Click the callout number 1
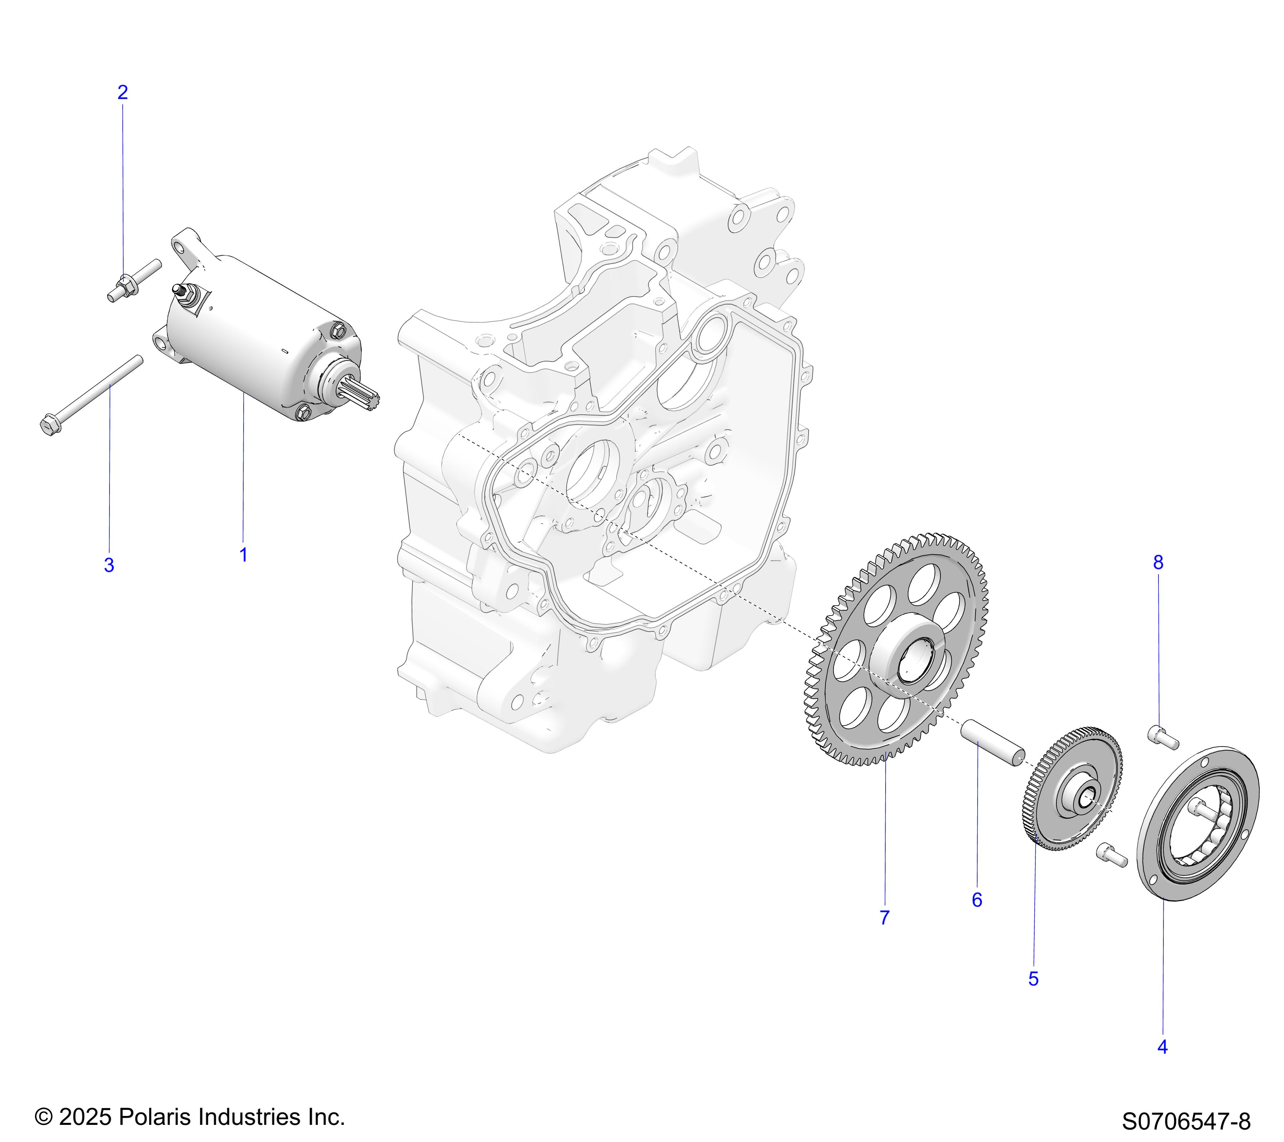pyautogui.click(x=243, y=555)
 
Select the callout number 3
pyautogui.click(x=109, y=565)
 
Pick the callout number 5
pyautogui.click(x=1033, y=979)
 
